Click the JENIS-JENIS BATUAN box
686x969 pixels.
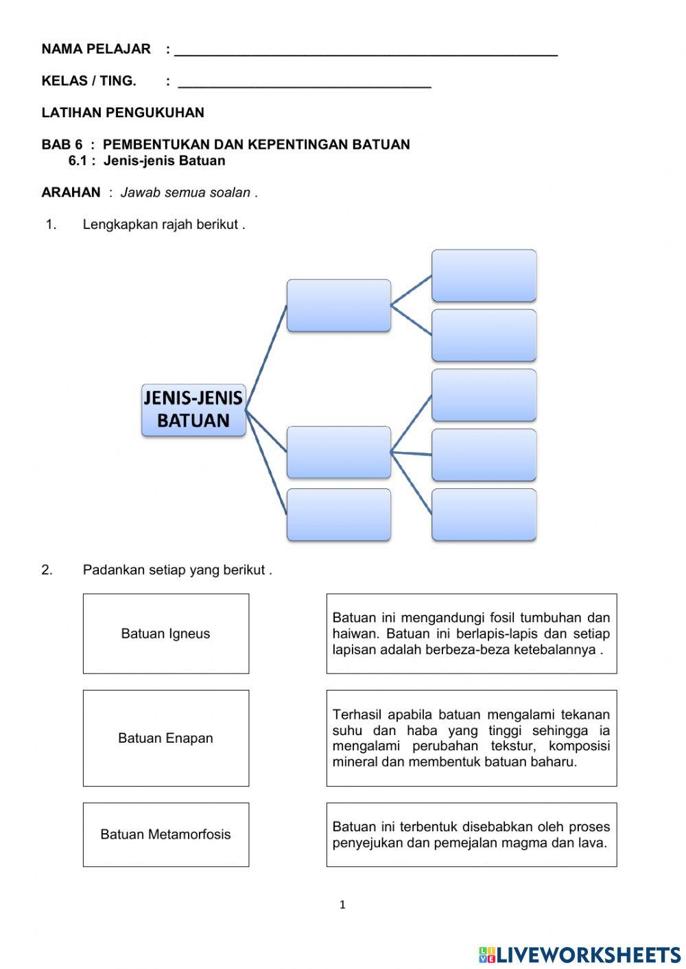[x=193, y=409]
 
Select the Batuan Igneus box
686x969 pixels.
[x=166, y=634]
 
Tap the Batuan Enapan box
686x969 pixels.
[x=166, y=738]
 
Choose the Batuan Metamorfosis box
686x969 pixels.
[x=166, y=835]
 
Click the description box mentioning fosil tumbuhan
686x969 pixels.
[x=471, y=634]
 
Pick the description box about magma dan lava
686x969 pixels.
[x=471, y=835]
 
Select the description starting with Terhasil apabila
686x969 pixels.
[x=471, y=738]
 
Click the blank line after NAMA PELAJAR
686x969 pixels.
[x=366, y=51]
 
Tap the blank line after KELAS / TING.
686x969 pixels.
[x=304, y=82]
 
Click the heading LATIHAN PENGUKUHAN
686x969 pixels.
[x=123, y=112]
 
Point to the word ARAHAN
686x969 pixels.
[x=71, y=193]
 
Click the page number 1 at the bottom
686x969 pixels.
[x=342, y=905]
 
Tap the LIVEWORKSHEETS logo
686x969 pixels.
[x=580, y=954]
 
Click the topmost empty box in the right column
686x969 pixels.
[x=484, y=275]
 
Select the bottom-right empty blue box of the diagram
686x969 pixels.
[x=484, y=514]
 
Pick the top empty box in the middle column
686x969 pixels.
[x=339, y=305]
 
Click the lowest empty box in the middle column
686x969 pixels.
[x=339, y=514]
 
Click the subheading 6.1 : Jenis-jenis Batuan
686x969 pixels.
[x=147, y=161]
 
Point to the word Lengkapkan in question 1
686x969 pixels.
[x=120, y=224]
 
